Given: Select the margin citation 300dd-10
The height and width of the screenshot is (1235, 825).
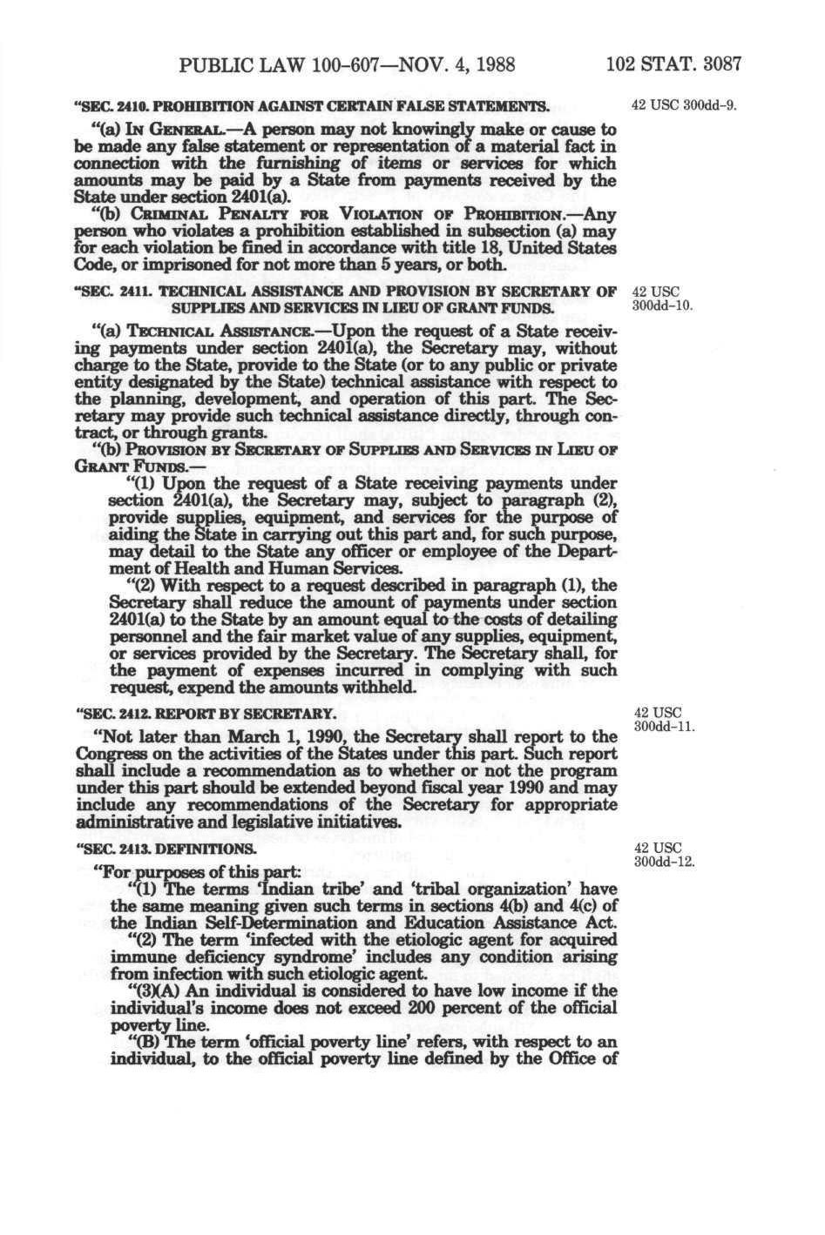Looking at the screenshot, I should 660,305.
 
